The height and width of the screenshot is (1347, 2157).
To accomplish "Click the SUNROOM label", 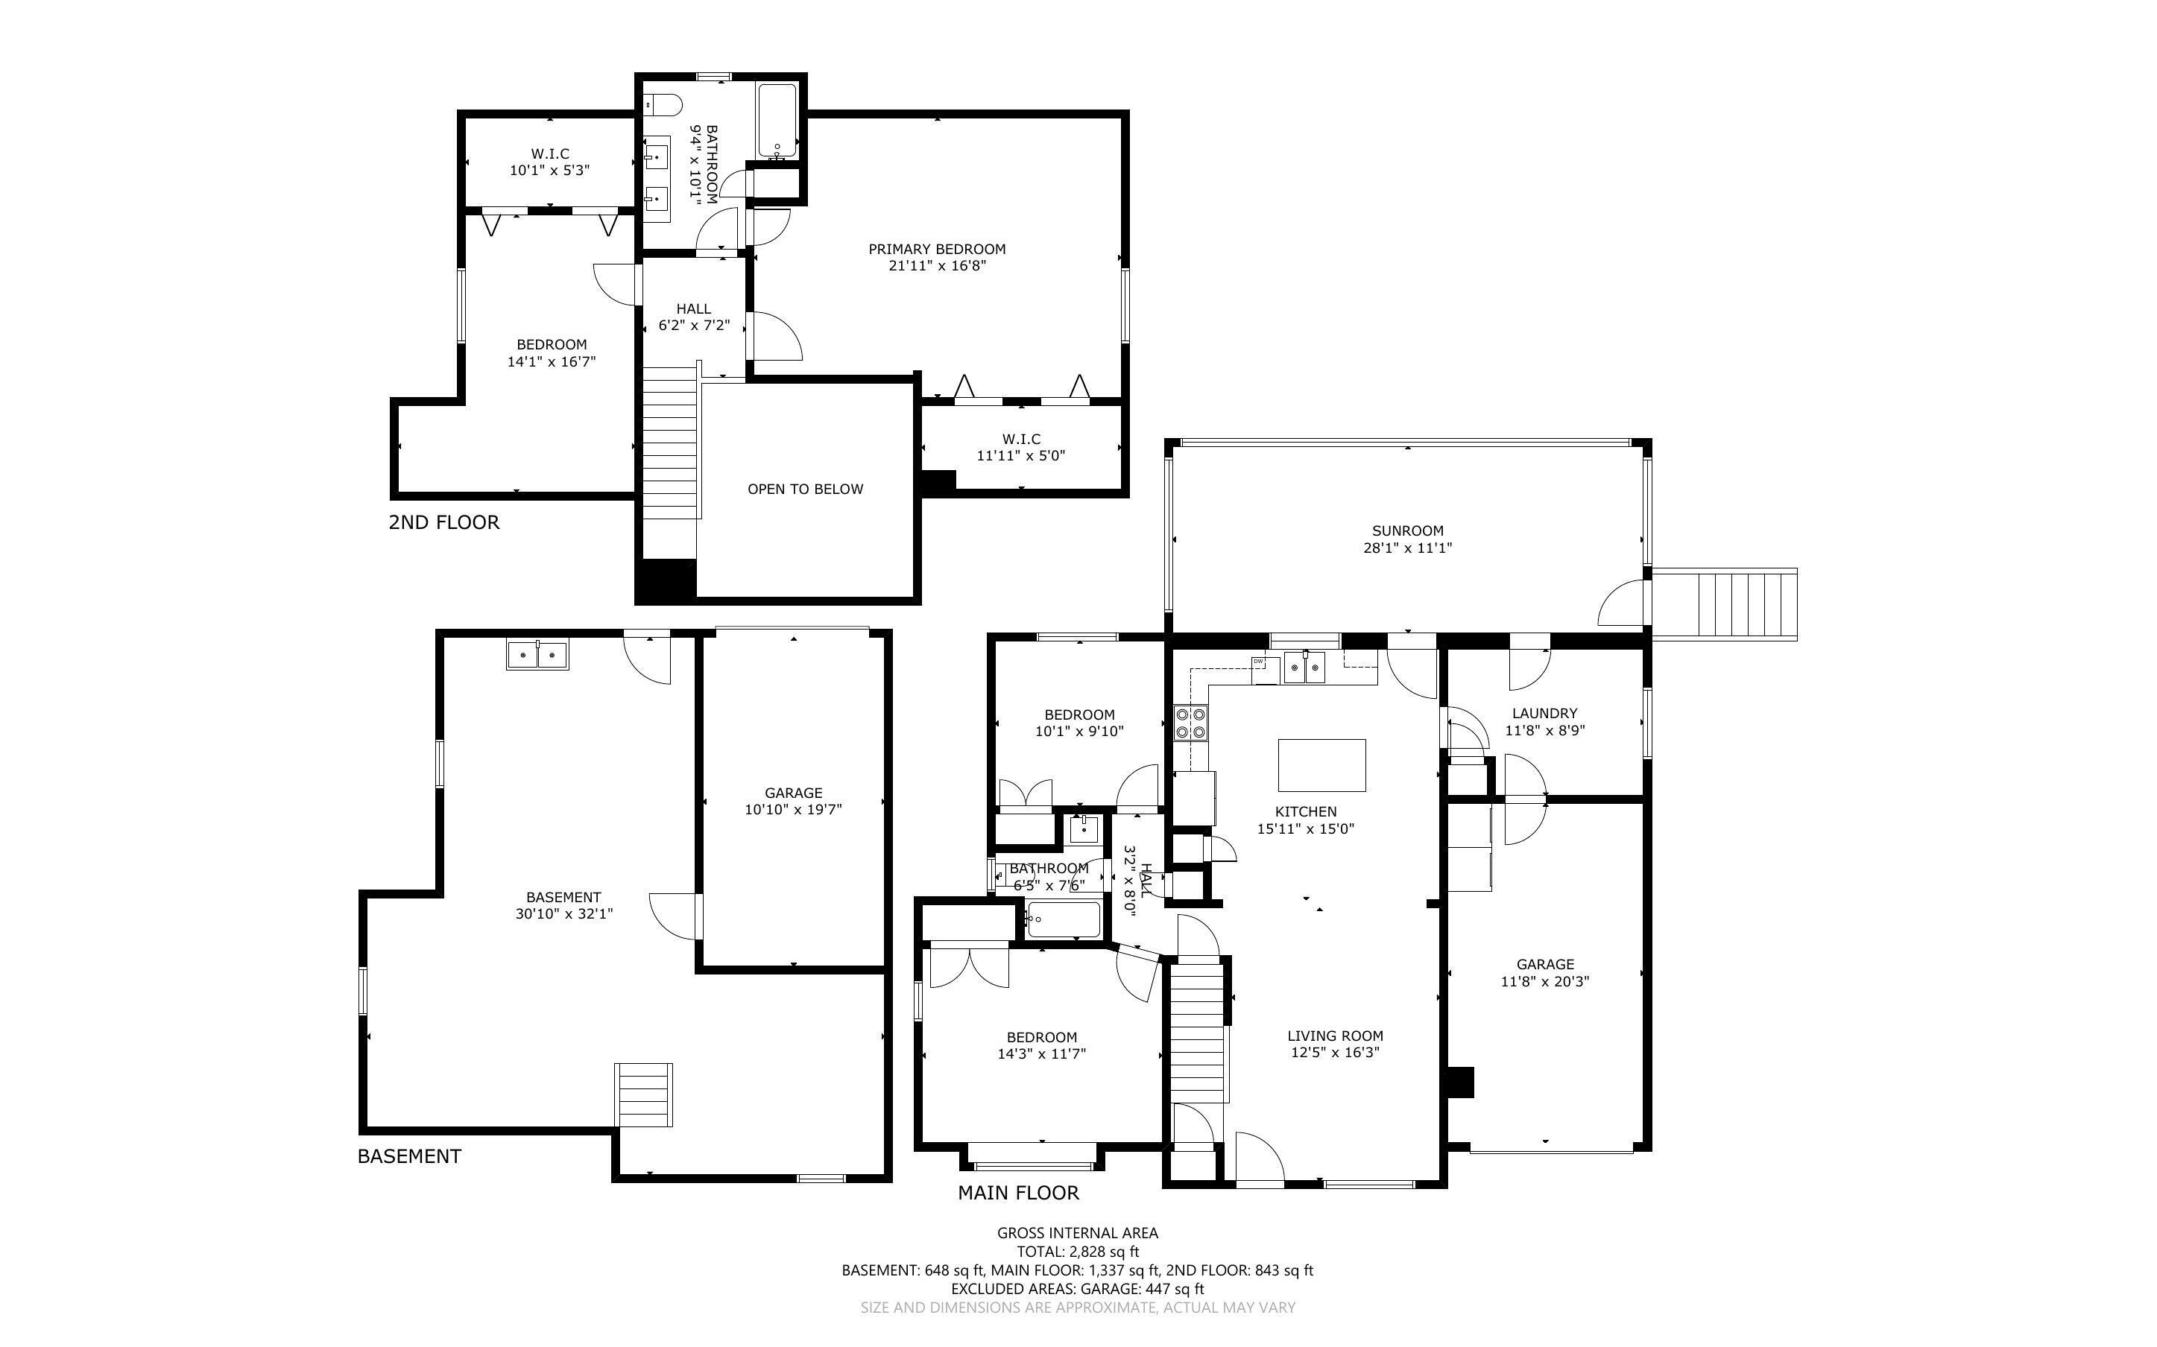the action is click(1408, 531).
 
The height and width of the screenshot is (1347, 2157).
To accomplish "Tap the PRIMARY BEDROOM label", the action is click(938, 250).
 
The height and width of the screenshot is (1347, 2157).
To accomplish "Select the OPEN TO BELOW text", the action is click(806, 489).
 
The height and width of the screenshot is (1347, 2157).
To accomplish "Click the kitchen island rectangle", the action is click(1322, 764).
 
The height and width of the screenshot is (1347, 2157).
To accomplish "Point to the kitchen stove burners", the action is click(1190, 723).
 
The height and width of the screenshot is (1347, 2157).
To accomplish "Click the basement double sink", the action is click(537, 655).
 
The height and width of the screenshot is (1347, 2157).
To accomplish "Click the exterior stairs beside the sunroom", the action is click(1724, 603).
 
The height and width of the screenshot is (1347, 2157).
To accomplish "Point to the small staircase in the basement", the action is click(642, 1095).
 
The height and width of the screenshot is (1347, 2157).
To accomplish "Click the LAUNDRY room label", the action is click(1545, 714).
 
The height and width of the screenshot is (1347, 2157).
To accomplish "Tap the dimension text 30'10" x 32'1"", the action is click(564, 913).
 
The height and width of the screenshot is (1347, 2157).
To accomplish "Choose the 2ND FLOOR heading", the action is click(443, 522).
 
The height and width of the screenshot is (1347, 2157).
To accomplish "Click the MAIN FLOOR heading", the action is click(1018, 1193).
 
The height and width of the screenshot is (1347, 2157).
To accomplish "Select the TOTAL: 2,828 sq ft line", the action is click(1078, 1252).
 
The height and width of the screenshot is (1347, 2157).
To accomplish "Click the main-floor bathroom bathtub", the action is click(1063, 919).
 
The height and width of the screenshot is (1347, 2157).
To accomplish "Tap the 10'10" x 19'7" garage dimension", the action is click(793, 809).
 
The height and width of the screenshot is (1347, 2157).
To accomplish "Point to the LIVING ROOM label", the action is click(1335, 1036).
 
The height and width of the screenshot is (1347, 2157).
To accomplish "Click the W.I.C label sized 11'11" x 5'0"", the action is click(1021, 440).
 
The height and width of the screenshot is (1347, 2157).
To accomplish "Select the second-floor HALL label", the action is click(693, 309).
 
